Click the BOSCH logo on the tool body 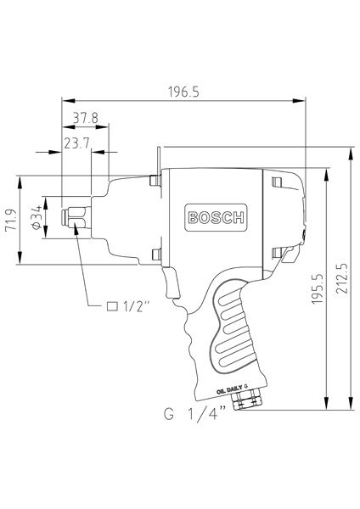pyautogui.click(x=215, y=217)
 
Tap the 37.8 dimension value pyautogui.click(x=85, y=117)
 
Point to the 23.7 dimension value pyautogui.click(x=78, y=143)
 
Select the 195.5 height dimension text pyautogui.click(x=318, y=288)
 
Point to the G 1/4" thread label pyautogui.click(x=195, y=415)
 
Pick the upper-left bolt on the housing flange pyautogui.click(x=154, y=180)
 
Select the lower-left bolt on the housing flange pyautogui.click(x=154, y=253)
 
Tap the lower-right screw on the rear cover pyautogui.click(x=276, y=252)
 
